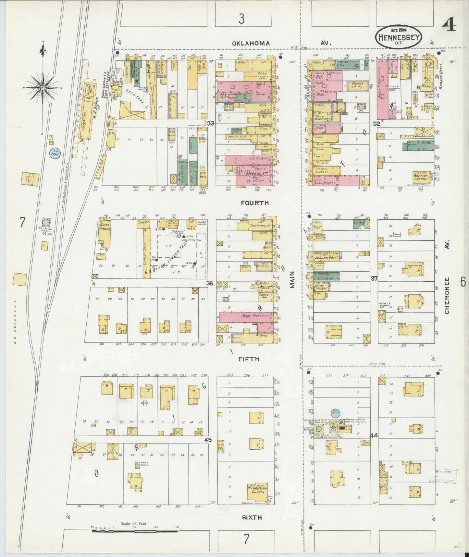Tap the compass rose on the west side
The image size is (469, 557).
tap(43, 88)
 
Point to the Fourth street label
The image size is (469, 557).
tap(255, 203)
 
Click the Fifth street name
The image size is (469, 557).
tap(249, 359)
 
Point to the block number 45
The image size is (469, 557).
tap(208, 440)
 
